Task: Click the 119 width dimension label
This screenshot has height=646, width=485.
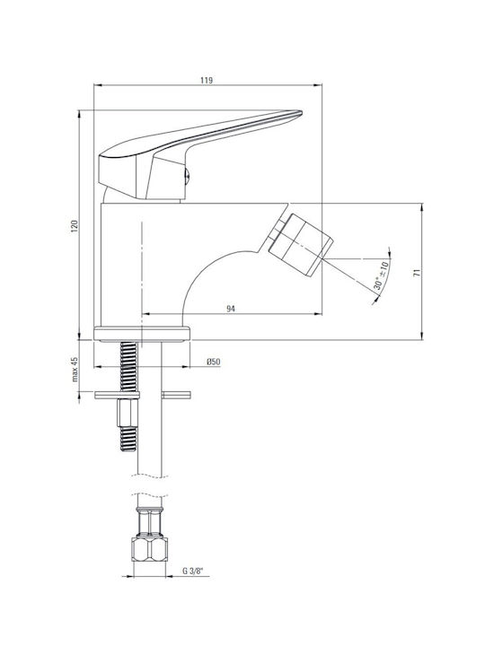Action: tap(207, 80)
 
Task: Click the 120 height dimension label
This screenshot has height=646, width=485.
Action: tap(75, 226)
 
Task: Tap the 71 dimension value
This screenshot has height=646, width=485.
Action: tap(418, 272)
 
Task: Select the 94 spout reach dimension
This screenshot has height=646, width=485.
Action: tap(231, 309)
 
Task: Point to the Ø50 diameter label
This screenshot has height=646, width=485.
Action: tap(213, 362)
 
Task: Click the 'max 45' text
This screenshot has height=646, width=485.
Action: tap(75, 369)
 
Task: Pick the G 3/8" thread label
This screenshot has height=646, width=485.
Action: tap(193, 571)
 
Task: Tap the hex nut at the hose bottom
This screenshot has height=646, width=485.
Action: tap(150, 549)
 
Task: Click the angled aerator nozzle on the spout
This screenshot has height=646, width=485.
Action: tap(300, 243)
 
